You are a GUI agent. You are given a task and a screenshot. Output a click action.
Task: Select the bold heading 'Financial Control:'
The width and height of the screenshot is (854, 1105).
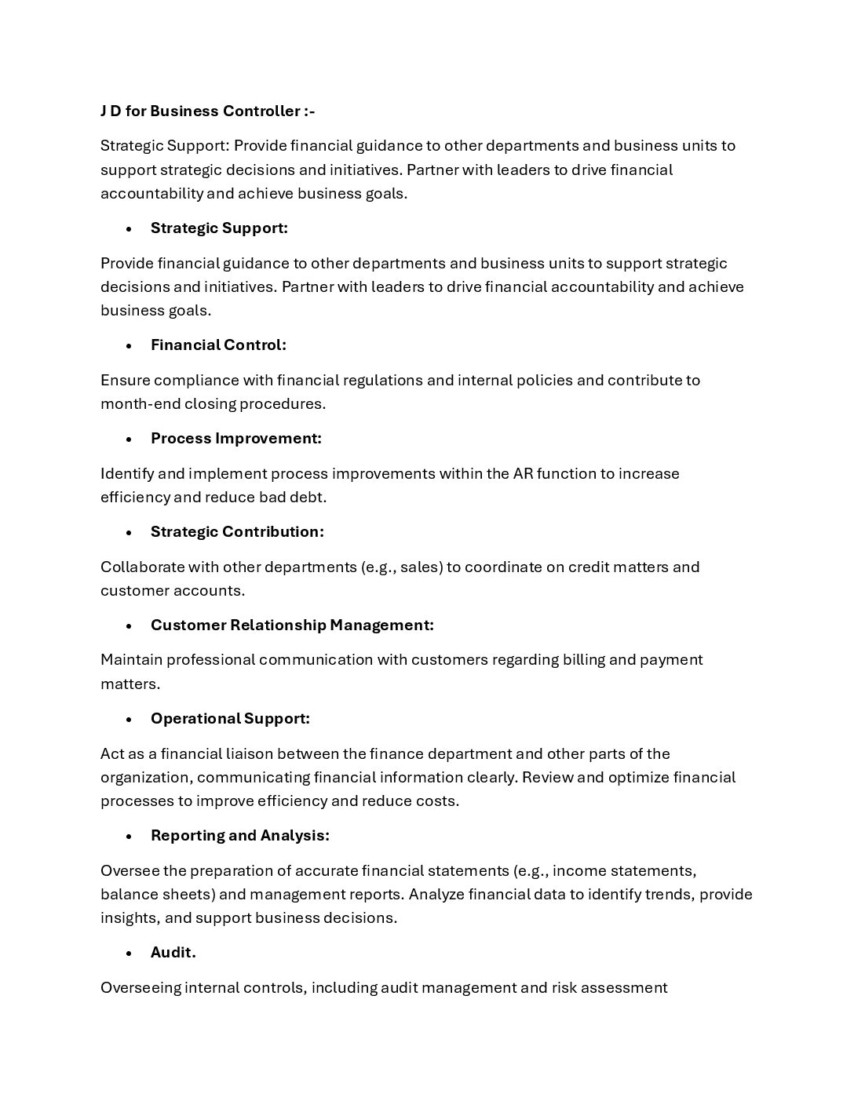coord(218,345)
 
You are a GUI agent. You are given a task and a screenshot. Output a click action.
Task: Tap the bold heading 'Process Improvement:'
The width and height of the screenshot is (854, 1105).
coord(235,438)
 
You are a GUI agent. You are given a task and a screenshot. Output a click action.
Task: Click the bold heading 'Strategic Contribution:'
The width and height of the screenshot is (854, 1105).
coord(237,531)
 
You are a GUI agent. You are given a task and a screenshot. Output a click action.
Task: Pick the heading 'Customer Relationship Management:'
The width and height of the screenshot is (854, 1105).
coord(292,625)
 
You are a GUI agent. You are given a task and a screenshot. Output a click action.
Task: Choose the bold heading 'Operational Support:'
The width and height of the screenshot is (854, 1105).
coord(230,718)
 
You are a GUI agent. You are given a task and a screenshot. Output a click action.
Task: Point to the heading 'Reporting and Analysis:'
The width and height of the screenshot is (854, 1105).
coord(239,835)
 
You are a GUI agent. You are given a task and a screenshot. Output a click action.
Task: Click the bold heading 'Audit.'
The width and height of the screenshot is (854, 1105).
coord(173,952)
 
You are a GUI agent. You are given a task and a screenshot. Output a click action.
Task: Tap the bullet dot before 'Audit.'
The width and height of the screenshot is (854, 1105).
coord(129,953)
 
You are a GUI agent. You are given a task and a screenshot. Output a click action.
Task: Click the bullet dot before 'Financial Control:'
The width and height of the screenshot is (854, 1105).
coord(129,345)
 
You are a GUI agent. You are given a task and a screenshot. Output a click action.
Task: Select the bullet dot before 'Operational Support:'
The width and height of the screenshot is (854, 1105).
coord(129,719)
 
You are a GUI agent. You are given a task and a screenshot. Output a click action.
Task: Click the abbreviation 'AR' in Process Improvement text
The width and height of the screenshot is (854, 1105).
coord(523,473)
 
